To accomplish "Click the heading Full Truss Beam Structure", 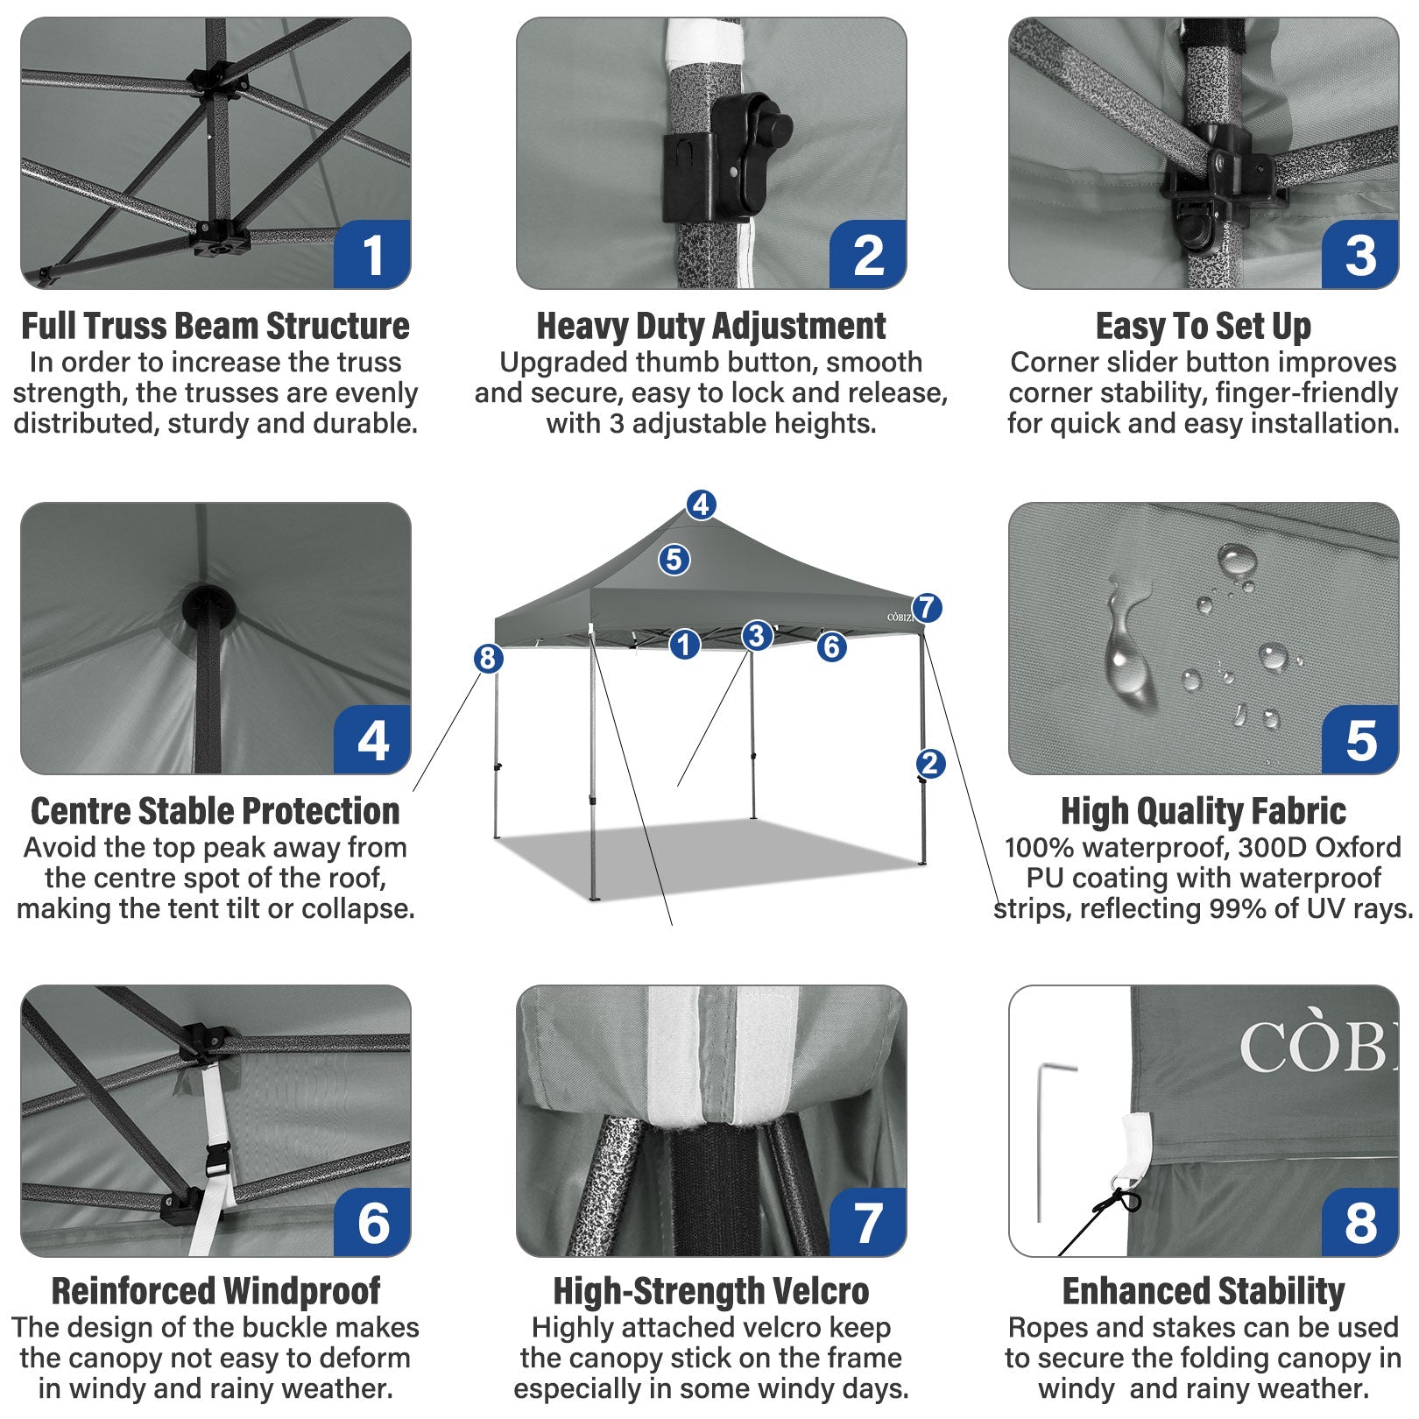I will pos(215,327).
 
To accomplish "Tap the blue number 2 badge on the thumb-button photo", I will pos(867,255).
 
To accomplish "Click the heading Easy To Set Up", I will pos(1203,327).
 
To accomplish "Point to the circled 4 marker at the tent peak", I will pos(701,505).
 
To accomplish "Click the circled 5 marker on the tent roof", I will pos(674,559).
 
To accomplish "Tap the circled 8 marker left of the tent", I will pos(488,658).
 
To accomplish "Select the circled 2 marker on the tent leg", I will pos(930,763).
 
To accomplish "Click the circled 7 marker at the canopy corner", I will pos(927,607).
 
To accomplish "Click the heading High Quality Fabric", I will pos(1203,811).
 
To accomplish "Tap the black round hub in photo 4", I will pos(208,606).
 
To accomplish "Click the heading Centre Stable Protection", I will pos(215,811).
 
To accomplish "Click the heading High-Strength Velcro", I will pos(710,1291).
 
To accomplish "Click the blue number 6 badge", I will pos(372,1223).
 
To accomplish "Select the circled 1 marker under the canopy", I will pos(685,646).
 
